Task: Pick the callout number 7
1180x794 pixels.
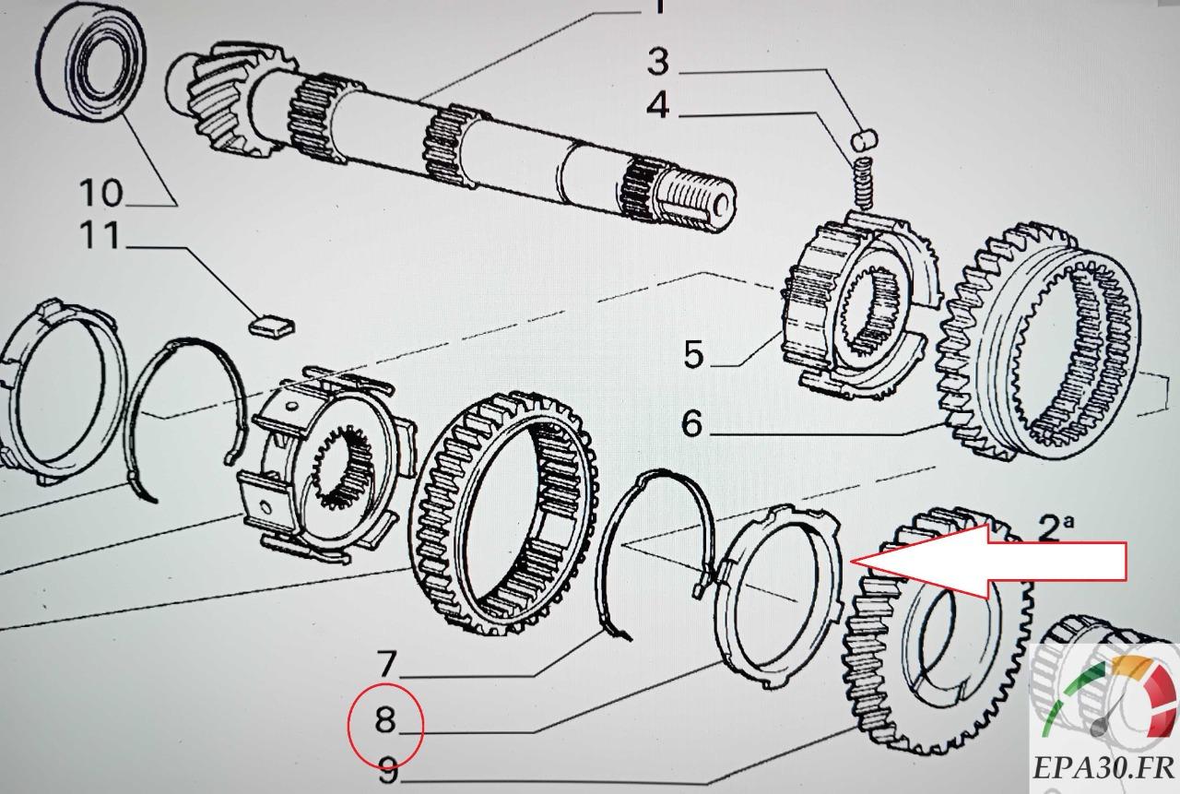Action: click(386, 662)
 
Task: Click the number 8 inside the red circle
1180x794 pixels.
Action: click(385, 720)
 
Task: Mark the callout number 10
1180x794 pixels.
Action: click(100, 193)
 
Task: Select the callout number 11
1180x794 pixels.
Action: click(100, 236)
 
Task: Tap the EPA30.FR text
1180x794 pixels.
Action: click(1103, 766)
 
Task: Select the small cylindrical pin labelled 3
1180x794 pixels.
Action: click(866, 140)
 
